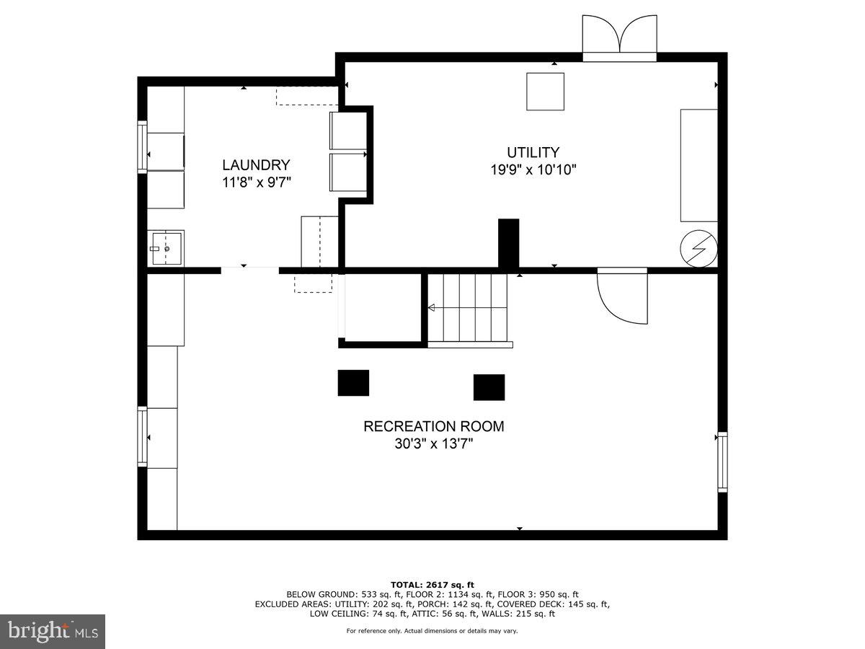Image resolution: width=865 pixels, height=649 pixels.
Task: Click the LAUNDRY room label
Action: [256, 164]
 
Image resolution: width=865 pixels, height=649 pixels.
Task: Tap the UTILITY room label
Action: [533, 152]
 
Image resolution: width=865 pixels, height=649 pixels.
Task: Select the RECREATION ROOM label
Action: [433, 426]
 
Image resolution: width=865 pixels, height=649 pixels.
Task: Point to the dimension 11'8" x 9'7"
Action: [256, 182]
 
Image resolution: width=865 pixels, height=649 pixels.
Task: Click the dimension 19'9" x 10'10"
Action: [533, 170]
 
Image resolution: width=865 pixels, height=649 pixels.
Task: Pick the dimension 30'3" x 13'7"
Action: [433, 444]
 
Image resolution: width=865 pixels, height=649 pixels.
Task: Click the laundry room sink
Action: [166, 248]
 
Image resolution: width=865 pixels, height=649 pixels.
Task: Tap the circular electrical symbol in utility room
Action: [699, 249]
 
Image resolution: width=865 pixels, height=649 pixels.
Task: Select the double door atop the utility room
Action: [619, 38]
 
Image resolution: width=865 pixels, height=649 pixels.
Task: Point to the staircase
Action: [469, 308]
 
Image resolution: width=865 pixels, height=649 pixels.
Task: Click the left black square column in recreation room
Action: [353, 383]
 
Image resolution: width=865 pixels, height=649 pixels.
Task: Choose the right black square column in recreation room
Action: [489, 387]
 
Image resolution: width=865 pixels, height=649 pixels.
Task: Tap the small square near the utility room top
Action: [545, 92]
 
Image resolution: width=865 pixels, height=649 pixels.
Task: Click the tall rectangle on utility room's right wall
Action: [699, 165]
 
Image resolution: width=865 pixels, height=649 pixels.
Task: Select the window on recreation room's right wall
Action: [722, 462]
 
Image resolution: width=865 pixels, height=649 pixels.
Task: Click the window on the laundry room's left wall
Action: [143, 148]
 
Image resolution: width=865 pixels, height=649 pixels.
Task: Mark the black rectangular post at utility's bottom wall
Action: [509, 244]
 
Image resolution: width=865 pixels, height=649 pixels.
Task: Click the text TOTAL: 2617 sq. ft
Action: [432, 584]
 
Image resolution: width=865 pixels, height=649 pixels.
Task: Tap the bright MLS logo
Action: [53, 632]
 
